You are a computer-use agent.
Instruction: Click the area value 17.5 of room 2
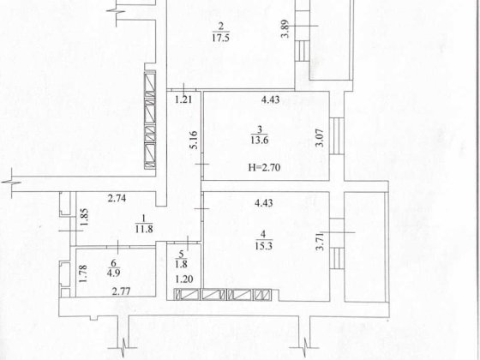click(222, 37)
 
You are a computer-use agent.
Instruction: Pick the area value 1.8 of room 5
click(182, 263)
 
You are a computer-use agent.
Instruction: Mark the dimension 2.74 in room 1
click(117, 199)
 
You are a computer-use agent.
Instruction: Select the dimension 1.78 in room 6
click(83, 273)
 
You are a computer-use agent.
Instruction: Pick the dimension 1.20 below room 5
click(183, 280)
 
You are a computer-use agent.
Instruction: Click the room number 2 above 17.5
click(221, 25)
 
